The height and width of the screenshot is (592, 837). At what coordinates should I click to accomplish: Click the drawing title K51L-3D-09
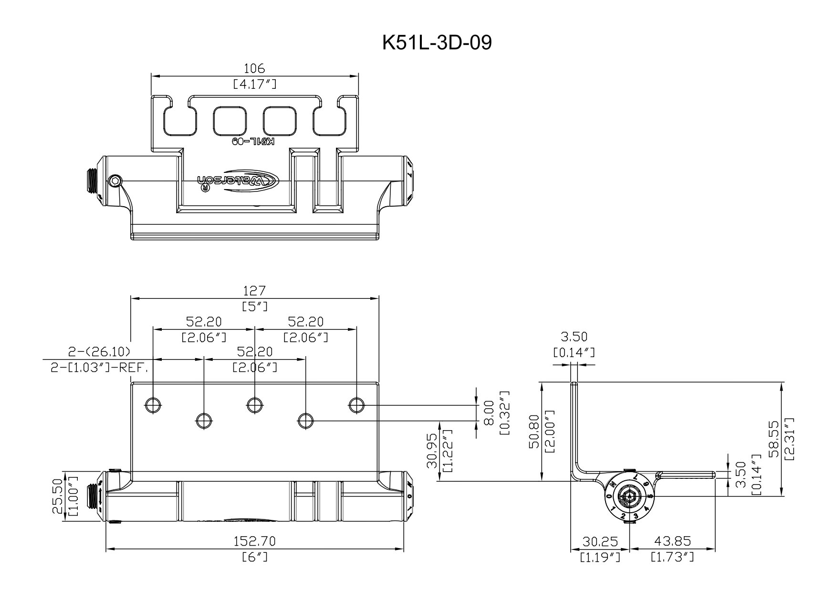[437, 43]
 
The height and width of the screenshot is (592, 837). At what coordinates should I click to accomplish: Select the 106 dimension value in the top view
[254, 68]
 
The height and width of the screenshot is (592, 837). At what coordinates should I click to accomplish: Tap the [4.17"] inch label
[254, 85]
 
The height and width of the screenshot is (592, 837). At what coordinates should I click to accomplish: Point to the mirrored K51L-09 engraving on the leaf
[253, 141]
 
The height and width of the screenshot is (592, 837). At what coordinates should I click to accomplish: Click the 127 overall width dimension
[254, 291]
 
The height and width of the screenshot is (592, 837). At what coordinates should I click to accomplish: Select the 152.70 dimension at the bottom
[254, 541]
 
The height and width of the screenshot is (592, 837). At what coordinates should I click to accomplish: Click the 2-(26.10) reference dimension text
[99, 352]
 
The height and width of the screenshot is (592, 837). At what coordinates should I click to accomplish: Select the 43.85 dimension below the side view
[672, 541]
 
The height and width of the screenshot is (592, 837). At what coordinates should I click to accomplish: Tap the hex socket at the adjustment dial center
[630, 497]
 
